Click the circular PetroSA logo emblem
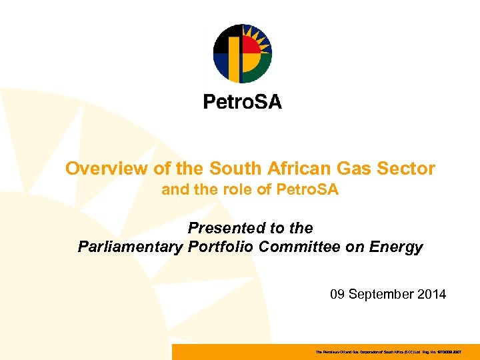tap(242, 53)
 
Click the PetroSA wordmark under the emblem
tap(242, 102)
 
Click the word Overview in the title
tap(101, 169)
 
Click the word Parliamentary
tap(129, 247)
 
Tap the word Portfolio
tap(220, 247)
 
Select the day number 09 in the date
tap(339, 294)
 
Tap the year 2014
tap(432, 294)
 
